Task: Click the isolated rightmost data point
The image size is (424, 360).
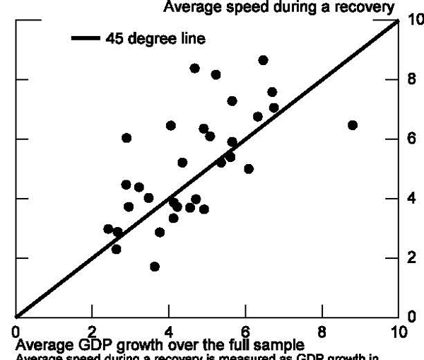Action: pyautogui.click(x=353, y=125)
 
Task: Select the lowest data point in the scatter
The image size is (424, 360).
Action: pyautogui.click(x=155, y=267)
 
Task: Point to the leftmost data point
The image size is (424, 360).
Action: pyautogui.click(x=108, y=229)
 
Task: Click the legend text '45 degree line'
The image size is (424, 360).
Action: pyautogui.click(x=156, y=39)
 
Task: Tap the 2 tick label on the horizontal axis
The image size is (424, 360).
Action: pyautogui.click(x=92, y=331)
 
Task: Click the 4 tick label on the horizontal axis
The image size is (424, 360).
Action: pyautogui.click(x=169, y=331)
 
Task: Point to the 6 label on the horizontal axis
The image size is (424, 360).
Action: pyautogui.click(x=245, y=331)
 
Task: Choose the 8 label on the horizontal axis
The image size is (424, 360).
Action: pyautogui.click(x=322, y=331)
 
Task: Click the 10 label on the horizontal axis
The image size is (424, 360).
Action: pyautogui.click(x=398, y=331)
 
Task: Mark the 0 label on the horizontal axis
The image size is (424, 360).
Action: pyautogui.click(x=16, y=331)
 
